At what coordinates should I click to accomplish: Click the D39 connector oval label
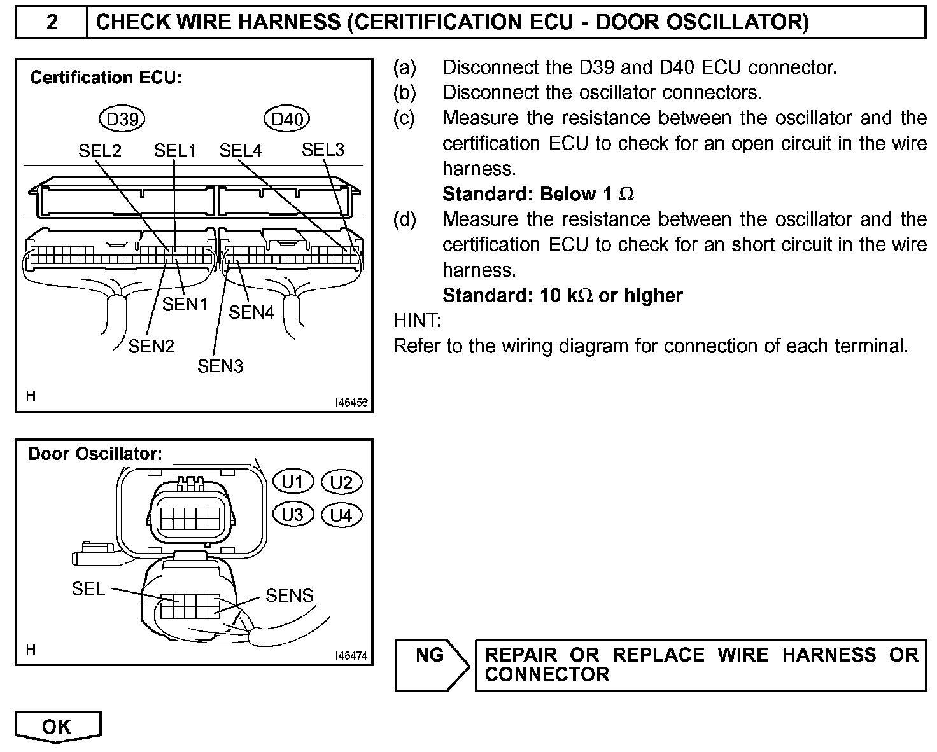[122, 119]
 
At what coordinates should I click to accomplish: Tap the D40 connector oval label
[286, 119]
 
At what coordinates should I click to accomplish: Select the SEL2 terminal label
[99, 151]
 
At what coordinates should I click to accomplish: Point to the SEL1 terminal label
[175, 151]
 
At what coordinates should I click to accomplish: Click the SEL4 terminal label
[241, 151]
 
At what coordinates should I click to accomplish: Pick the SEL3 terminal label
[323, 150]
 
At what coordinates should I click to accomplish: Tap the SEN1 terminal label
[185, 305]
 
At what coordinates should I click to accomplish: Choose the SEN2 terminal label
[151, 346]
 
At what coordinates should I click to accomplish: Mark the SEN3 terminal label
[220, 366]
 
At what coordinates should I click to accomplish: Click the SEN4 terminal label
[251, 312]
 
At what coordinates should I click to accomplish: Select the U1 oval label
[293, 482]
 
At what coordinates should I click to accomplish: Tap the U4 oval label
[341, 515]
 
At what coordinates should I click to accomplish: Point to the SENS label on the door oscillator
[290, 595]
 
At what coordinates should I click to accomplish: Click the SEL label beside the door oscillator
[88, 589]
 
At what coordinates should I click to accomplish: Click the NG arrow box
[431, 664]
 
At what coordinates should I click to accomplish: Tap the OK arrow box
[57, 727]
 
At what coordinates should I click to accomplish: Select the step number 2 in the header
[52, 23]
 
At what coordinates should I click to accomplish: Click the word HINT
[417, 320]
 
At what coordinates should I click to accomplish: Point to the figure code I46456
[352, 403]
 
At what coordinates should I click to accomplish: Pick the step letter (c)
[404, 118]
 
